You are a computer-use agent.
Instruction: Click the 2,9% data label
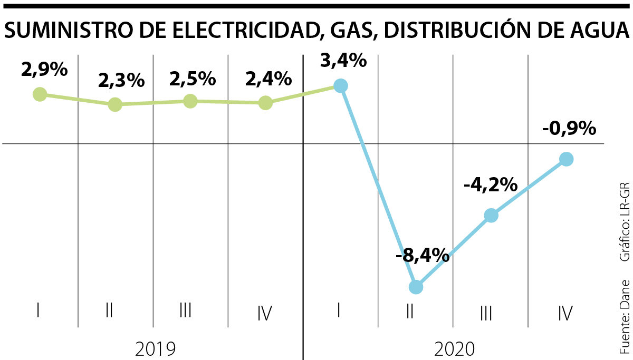(45, 70)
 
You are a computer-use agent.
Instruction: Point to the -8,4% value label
(422, 257)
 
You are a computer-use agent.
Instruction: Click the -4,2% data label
(491, 185)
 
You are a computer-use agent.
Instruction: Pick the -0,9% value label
(569, 128)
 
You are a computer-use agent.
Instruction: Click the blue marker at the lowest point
(416, 287)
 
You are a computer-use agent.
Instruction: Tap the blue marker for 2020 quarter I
(341, 86)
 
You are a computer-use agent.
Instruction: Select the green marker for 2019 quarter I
(40, 94)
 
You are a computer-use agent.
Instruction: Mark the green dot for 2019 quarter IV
(265, 103)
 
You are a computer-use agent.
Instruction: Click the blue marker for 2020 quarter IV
(566, 159)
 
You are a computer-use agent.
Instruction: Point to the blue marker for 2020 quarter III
(491, 216)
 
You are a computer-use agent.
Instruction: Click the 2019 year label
(155, 348)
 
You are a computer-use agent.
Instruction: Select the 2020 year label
(455, 348)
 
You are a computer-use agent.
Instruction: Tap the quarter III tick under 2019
(185, 311)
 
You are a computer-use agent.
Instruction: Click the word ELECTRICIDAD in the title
(233, 32)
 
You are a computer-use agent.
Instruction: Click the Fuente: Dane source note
(625, 316)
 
